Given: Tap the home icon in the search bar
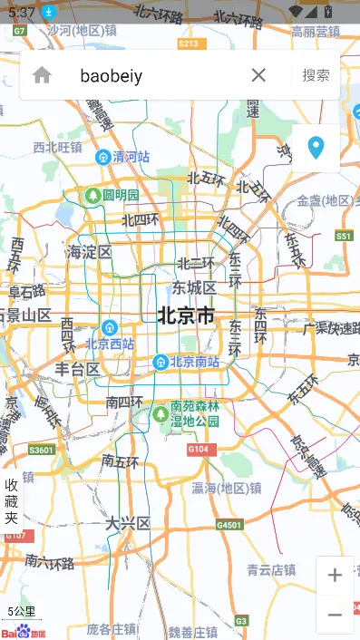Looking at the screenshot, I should click(x=42, y=75).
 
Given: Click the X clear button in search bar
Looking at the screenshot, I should click(x=258, y=75).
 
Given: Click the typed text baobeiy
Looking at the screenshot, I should click(x=112, y=75).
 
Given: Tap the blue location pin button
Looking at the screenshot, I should click(x=316, y=148).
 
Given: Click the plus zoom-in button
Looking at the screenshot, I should click(x=335, y=575).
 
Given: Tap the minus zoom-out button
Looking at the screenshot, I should click(x=335, y=615).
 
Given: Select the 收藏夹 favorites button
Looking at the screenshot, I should click(x=11, y=501).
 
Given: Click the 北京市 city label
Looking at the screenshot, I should click(x=186, y=315).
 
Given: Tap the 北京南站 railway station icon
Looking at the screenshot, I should click(x=161, y=362).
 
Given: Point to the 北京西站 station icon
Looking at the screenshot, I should click(x=110, y=327).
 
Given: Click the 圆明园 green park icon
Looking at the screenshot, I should click(x=92, y=195).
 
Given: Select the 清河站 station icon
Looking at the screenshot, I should click(x=103, y=157).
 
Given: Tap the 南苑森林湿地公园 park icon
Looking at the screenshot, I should click(x=161, y=413).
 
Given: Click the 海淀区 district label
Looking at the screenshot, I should click(x=89, y=252).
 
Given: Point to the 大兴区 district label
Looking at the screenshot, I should click(x=127, y=524).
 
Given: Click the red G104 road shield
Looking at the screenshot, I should click(x=199, y=450).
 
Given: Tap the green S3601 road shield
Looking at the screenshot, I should click(x=42, y=450).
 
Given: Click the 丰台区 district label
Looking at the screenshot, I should click(x=77, y=369).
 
